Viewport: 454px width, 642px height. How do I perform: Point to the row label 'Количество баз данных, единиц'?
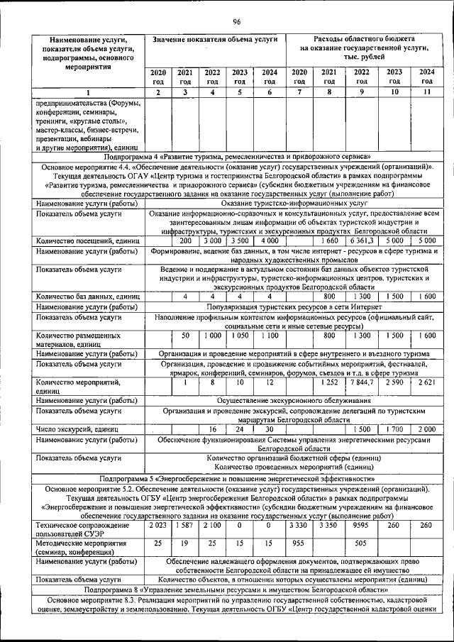[89, 296]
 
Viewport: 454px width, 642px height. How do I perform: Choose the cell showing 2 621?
[426, 383]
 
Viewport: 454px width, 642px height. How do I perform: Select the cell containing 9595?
[361, 526]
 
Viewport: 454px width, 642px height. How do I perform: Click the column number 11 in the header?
[426, 93]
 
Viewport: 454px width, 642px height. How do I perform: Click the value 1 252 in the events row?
[329, 383]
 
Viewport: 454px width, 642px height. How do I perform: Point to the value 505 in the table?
[361, 544]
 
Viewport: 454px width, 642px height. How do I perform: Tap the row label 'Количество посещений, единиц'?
[88, 241]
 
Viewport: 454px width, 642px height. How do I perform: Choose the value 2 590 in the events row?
[394, 383]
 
